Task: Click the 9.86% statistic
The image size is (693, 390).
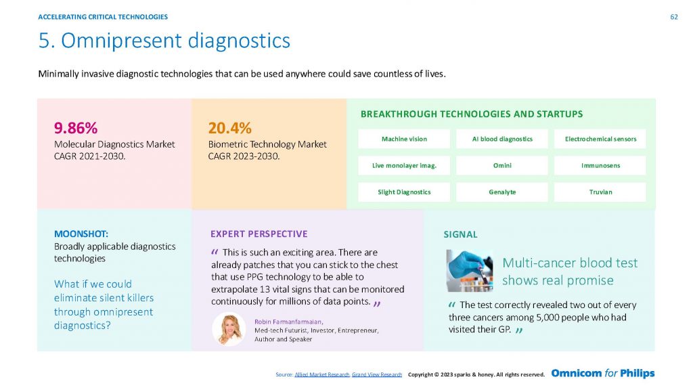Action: click(x=76, y=128)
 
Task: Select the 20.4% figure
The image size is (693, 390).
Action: click(x=230, y=128)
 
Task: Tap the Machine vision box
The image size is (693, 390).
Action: click(x=404, y=139)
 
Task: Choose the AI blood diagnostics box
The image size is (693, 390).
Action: click(x=502, y=139)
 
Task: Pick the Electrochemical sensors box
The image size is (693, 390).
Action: click(x=600, y=139)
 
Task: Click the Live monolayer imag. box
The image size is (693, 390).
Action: click(x=404, y=165)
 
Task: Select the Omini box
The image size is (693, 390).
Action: click(x=502, y=165)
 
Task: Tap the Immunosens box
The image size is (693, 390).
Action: click(x=600, y=165)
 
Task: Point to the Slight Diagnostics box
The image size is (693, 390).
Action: click(x=404, y=192)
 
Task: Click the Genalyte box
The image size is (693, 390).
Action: click(x=502, y=192)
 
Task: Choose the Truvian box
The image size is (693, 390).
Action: click(x=600, y=192)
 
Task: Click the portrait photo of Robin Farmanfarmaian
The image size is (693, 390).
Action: click(x=229, y=330)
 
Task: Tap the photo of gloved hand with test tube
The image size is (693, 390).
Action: click(x=470, y=271)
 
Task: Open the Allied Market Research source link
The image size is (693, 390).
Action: click(x=321, y=374)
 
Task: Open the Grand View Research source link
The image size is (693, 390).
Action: click(x=377, y=374)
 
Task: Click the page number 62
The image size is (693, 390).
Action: click(x=674, y=17)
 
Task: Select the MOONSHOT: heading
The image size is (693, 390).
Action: click(x=81, y=234)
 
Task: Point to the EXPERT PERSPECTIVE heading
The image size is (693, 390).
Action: click(x=259, y=234)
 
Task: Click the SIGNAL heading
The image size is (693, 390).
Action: click(x=460, y=234)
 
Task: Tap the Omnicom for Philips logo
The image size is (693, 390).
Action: click(x=603, y=373)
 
